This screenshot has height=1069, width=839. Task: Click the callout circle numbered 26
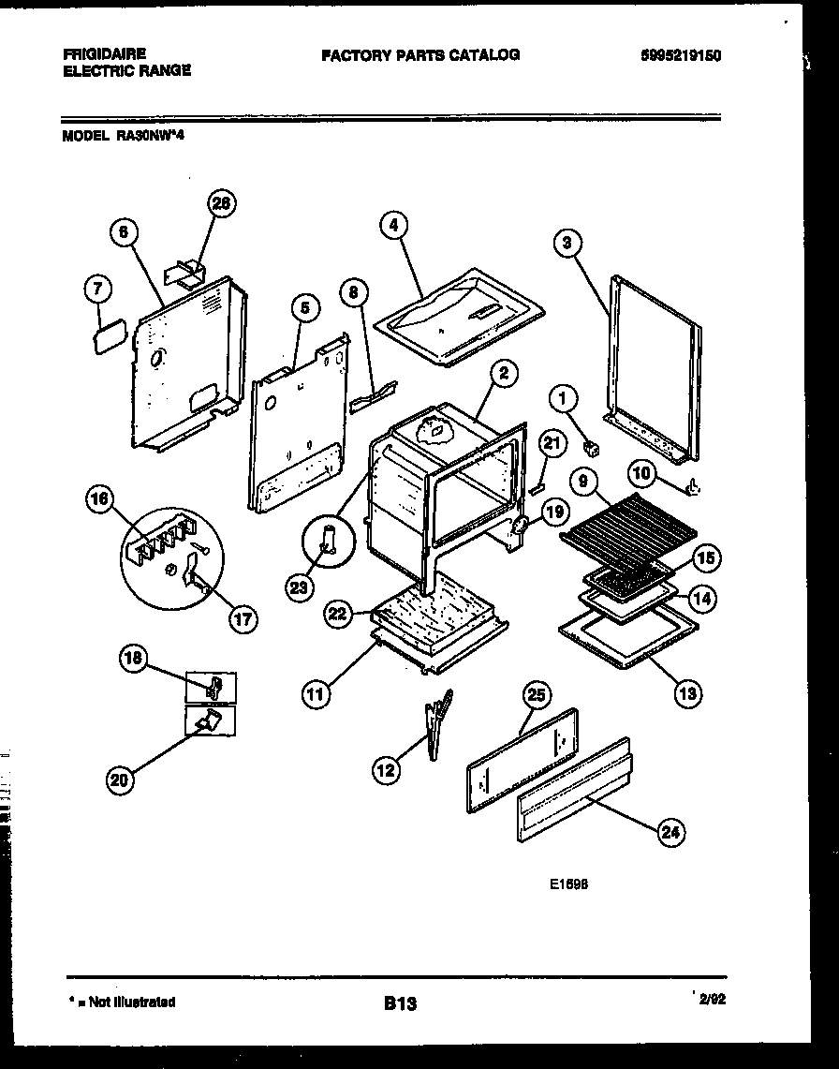(x=222, y=203)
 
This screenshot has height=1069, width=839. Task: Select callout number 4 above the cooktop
(x=395, y=225)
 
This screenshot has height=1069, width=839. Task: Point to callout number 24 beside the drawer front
(x=669, y=832)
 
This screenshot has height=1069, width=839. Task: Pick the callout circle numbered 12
(x=385, y=770)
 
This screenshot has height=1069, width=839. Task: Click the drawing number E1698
(x=569, y=883)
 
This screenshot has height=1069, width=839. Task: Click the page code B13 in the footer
(x=400, y=1003)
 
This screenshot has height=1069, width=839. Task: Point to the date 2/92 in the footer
(x=712, y=999)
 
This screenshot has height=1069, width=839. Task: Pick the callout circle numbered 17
(x=243, y=618)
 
